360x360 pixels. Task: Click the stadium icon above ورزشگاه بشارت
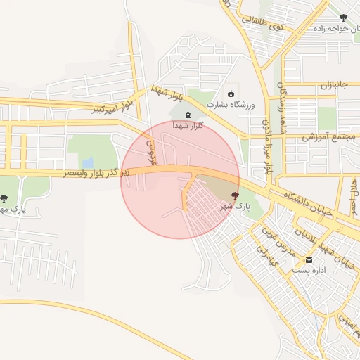[x=231, y=94]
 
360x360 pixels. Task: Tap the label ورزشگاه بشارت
[x=231, y=105]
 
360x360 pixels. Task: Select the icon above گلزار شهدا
[x=187, y=115]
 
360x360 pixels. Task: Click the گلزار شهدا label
[x=188, y=125]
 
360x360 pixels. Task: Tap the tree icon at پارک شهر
[x=235, y=195]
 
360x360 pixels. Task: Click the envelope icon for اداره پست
[x=309, y=260]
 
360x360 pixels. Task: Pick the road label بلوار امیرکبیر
[x=114, y=106]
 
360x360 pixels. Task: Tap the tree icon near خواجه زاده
[x=343, y=18]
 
